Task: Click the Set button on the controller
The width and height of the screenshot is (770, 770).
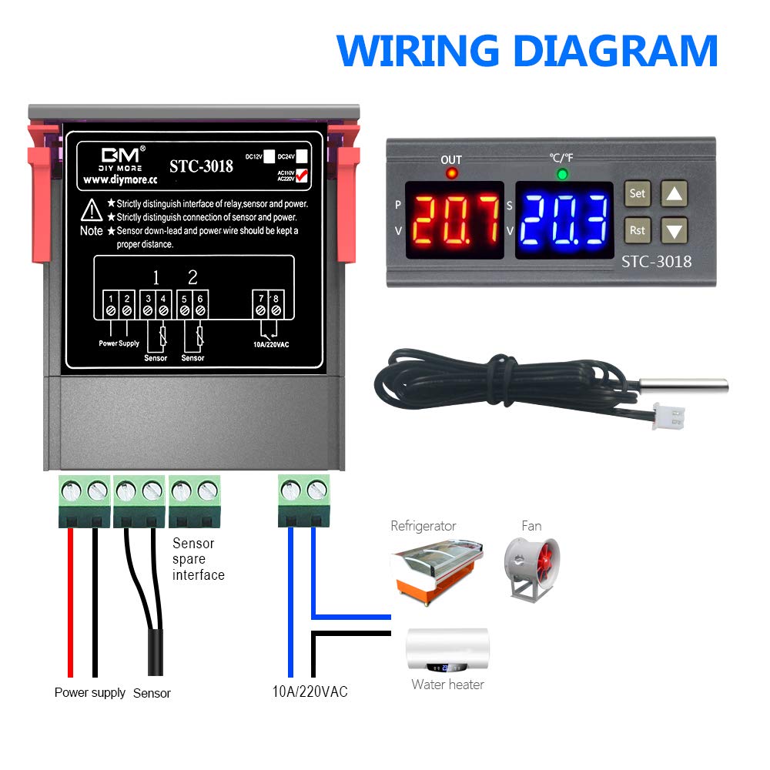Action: [x=637, y=194]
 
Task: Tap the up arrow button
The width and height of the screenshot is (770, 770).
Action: [x=675, y=194]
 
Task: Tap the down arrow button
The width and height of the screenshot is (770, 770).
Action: [x=675, y=230]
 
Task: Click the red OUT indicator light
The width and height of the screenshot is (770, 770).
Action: [x=451, y=174]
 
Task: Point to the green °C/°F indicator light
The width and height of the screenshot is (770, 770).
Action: [x=562, y=174]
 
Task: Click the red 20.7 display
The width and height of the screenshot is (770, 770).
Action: [x=454, y=219]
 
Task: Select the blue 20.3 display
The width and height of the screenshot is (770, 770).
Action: [x=564, y=219]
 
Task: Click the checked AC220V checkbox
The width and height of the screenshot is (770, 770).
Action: [x=302, y=176]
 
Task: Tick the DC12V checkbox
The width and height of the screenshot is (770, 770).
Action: [x=269, y=154]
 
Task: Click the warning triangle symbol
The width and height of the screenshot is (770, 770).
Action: [x=92, y=209]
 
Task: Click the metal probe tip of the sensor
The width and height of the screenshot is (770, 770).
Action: [x=688, y=385]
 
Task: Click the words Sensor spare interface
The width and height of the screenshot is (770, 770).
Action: [x=198, y=559]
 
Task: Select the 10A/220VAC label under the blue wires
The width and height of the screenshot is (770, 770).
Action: [x=310, y=691]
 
